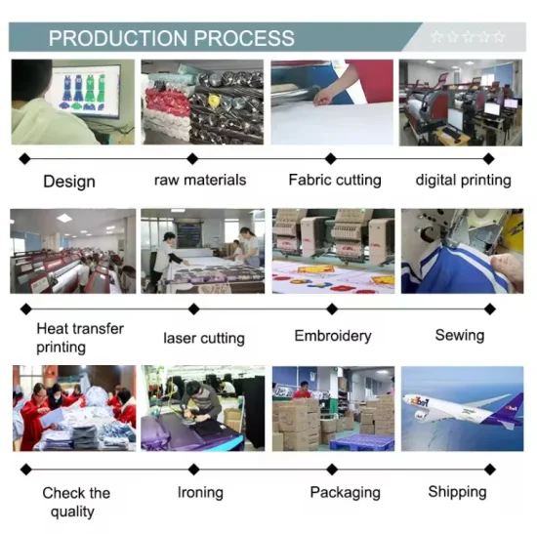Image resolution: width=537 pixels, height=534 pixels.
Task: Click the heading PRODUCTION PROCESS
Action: point(171,38)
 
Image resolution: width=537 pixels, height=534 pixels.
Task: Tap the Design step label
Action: point(69,182)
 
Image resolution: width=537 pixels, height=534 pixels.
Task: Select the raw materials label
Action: point(200,180)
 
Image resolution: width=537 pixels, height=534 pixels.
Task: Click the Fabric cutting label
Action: point(335,181)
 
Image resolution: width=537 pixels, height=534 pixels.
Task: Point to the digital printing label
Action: point(464,181)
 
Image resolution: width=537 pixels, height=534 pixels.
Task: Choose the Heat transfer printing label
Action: point(80,338)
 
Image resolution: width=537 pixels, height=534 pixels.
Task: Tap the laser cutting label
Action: point(204,339)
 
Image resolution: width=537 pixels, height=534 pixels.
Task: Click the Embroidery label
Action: point(333,336)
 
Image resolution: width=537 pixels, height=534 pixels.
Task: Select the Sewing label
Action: point(460,335)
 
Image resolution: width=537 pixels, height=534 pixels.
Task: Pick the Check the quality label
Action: point(76,502)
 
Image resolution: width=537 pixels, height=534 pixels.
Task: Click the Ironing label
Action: point(200,493)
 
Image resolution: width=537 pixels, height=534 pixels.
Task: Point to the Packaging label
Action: point(346,493)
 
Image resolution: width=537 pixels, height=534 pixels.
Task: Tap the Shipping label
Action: point(457,492)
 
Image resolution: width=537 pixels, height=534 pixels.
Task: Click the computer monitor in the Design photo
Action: point(86,90)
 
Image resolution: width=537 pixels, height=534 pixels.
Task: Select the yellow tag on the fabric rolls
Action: point(214,101)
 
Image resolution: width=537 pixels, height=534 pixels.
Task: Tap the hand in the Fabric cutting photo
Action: point(323,97)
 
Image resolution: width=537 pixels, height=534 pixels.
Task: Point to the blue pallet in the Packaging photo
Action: point(361,442)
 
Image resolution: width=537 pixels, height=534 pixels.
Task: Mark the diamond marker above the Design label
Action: point(25,159)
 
